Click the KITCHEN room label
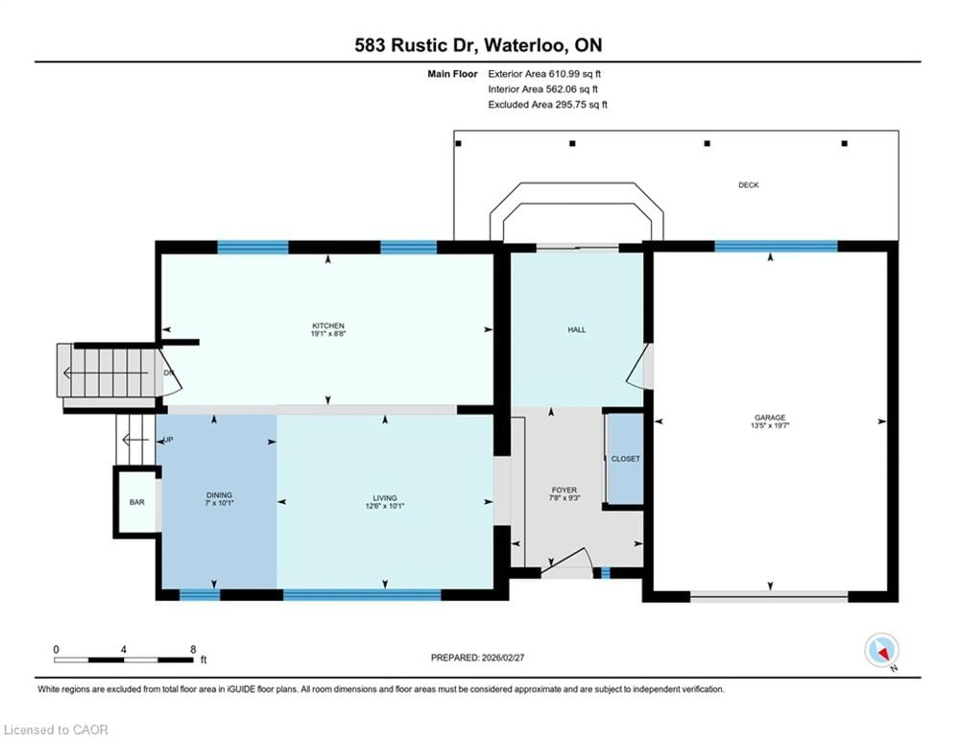[x=328, y=326]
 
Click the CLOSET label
[x=625, y=459]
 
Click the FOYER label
[x=564, y=490]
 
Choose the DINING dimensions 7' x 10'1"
[x=219, y=503]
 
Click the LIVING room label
[x=385, y=498]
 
